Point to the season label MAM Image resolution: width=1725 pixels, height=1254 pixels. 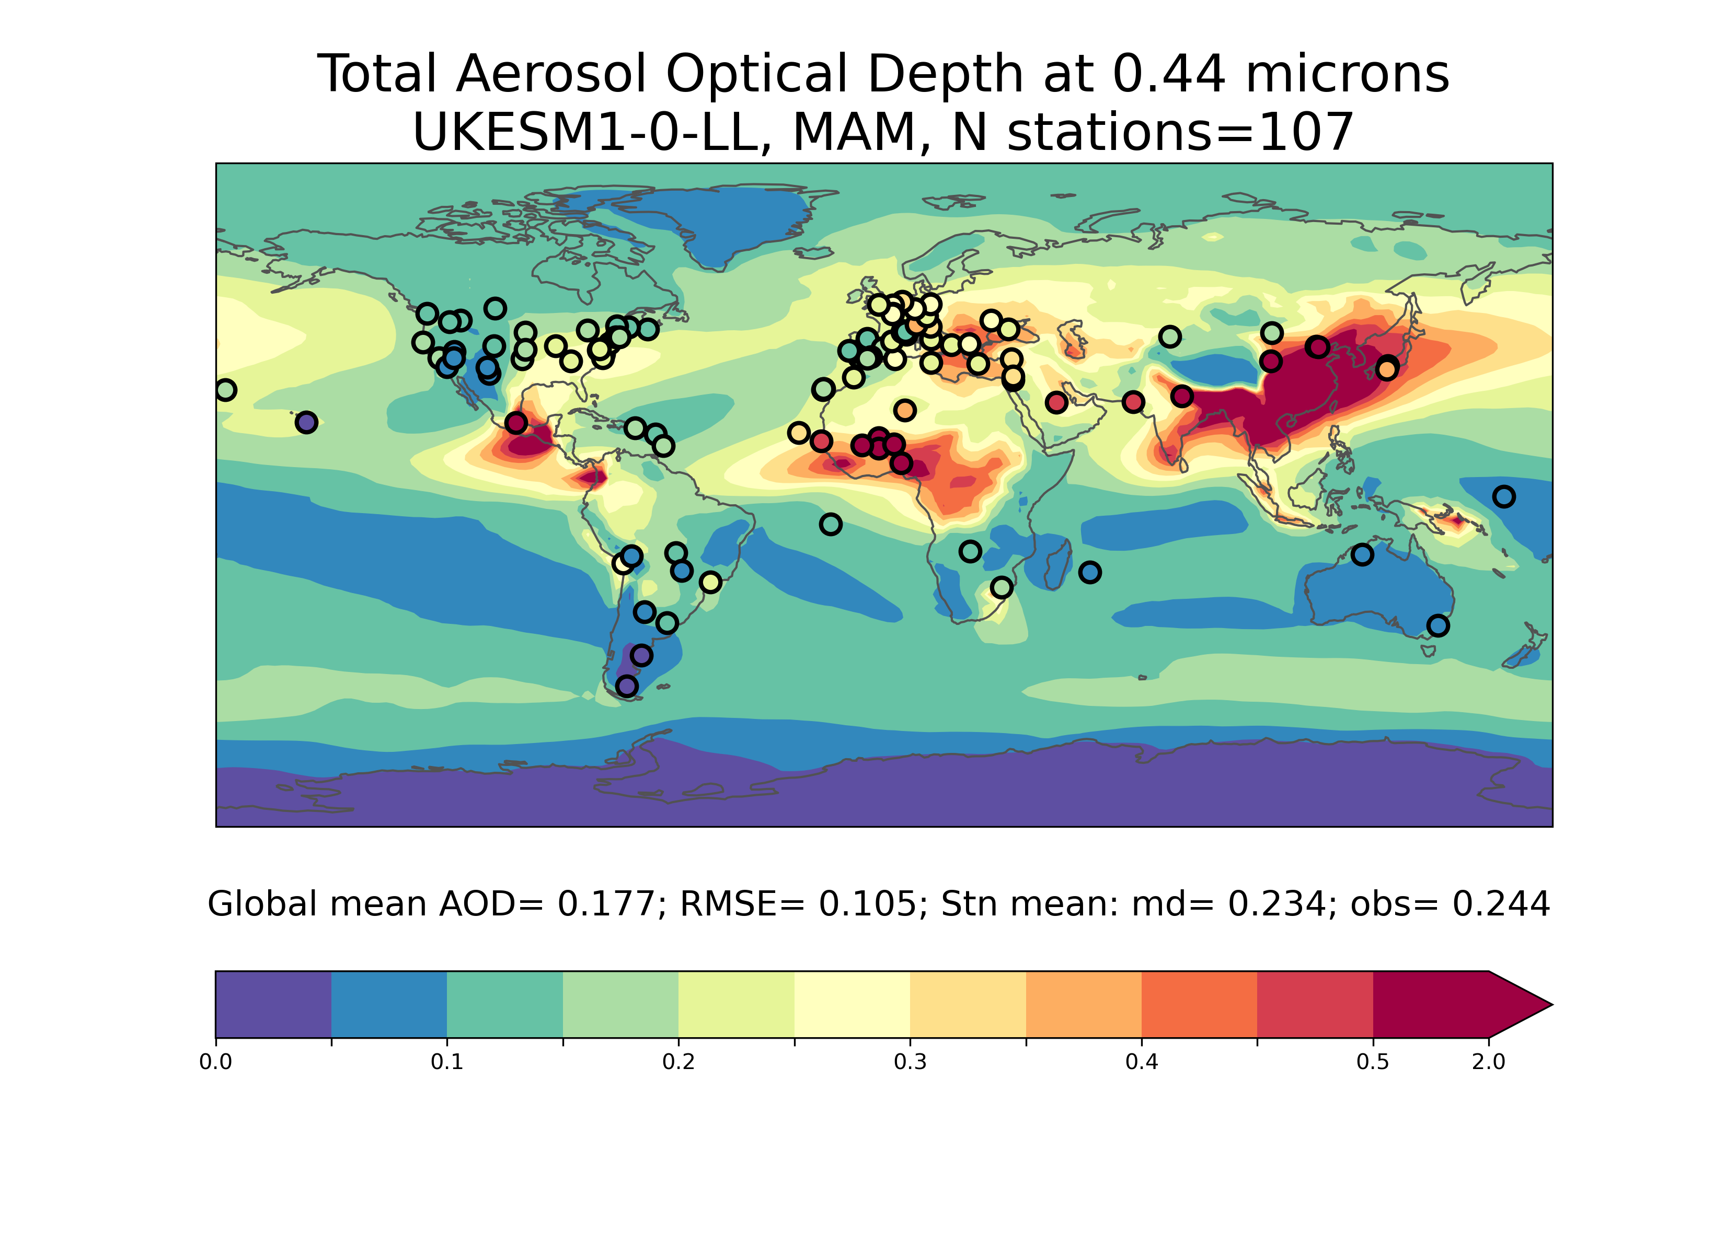pos(861,132)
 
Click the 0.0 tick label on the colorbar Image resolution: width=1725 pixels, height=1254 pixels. pos(216,1062)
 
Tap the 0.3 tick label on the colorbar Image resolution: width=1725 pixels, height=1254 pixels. pos(911,1062)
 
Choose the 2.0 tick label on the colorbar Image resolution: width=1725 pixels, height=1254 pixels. pos(1488,1062)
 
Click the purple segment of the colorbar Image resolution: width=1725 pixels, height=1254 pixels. pos(274,1004)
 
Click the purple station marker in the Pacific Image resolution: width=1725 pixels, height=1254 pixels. pos(306,422)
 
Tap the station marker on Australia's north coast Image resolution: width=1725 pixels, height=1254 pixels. pos(1362,555)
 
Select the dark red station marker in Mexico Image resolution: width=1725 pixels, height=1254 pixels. pos(516,423)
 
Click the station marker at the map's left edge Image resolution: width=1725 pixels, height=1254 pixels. pos(225,390)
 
